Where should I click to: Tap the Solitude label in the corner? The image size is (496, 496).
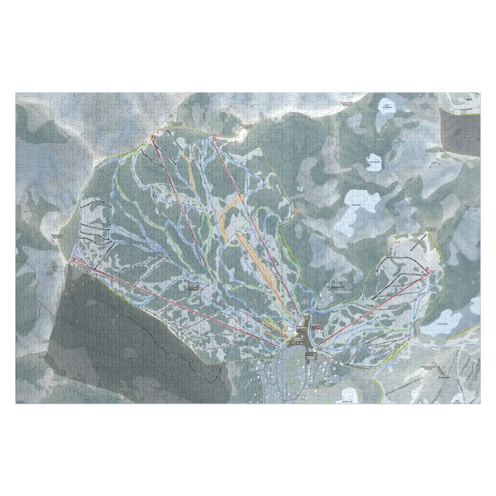coord(443,377)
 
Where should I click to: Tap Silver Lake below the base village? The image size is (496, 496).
coord(349,395)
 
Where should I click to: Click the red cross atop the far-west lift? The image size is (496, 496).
coord(74,259)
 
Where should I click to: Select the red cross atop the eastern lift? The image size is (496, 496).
coord(428,268)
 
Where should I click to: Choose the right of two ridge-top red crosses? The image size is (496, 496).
coord(214,139)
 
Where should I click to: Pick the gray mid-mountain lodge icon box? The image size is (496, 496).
coord(193,287)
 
